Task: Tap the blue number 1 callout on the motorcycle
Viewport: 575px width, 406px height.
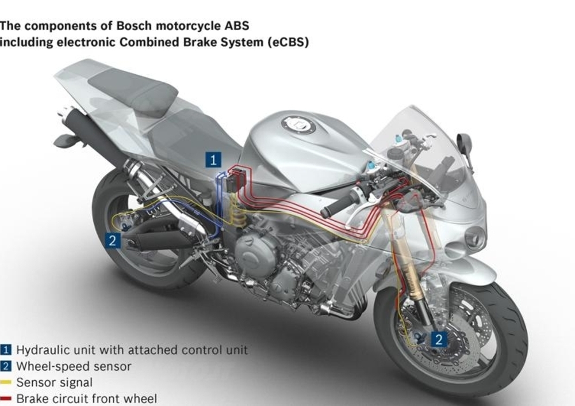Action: (x=213, y=160)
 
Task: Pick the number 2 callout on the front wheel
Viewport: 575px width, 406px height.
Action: (x=438, y=339)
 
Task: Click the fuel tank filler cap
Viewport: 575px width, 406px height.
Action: (x=298, y=124)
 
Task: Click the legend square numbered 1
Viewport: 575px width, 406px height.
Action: (x=6, y=349)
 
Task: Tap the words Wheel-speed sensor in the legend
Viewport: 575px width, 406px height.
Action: (x=74, y=366)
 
